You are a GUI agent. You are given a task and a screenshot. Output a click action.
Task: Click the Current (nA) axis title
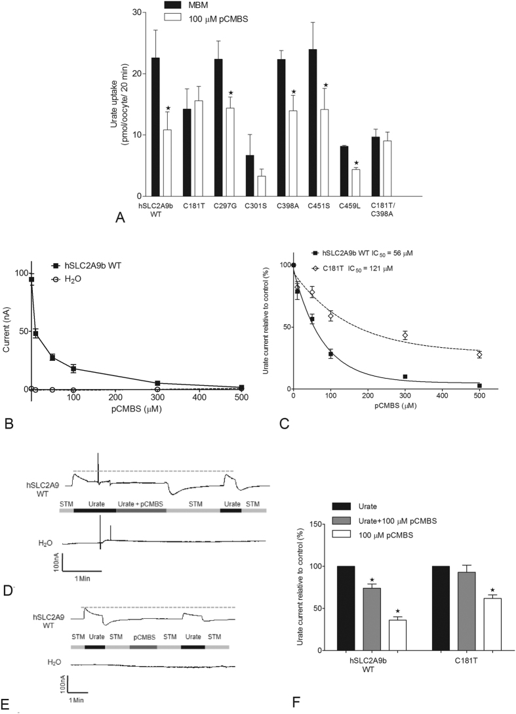pos(9,324)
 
